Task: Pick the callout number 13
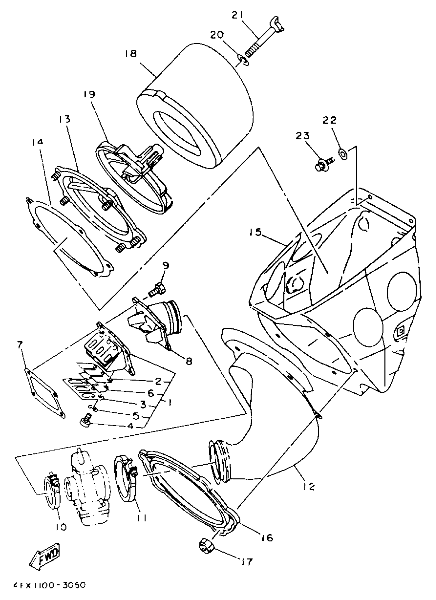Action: pyautogui.click(x=65, y=119)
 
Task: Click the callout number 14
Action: pyautogui.click(x=37, y=142)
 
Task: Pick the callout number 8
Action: pyautogui.click(x=189, y=361)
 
